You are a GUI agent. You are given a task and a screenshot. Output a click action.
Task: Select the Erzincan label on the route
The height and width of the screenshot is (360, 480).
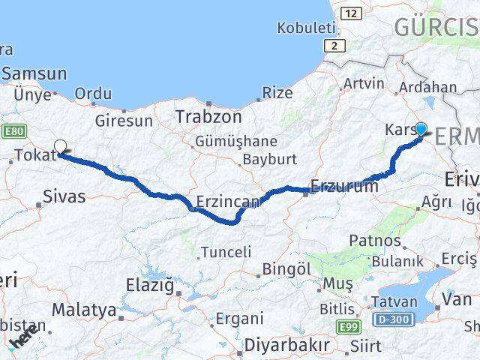pos(228,201)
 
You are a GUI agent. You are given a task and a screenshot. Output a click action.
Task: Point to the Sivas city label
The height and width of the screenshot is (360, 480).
pos(64,197)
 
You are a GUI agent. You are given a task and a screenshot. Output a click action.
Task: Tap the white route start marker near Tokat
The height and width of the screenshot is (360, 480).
pos(60,147)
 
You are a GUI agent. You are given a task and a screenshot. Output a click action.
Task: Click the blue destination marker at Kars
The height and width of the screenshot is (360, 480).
pos(421,129)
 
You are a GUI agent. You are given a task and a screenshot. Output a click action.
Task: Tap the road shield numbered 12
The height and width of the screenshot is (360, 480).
pos(349,13)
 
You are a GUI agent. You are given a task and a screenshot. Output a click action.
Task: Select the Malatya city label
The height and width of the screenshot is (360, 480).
pos(84,310)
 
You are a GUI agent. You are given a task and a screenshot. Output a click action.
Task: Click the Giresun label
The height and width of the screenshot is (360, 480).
pos(124,120)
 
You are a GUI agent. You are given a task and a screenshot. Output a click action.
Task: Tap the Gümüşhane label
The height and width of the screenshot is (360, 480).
pos(235,141)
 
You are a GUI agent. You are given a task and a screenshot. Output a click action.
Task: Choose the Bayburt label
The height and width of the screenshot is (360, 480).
pos(269,159)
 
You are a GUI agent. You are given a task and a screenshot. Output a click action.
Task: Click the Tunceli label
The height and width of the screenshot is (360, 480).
pos(226,252)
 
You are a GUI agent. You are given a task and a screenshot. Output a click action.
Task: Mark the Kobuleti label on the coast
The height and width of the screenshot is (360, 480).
pos(305,28)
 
